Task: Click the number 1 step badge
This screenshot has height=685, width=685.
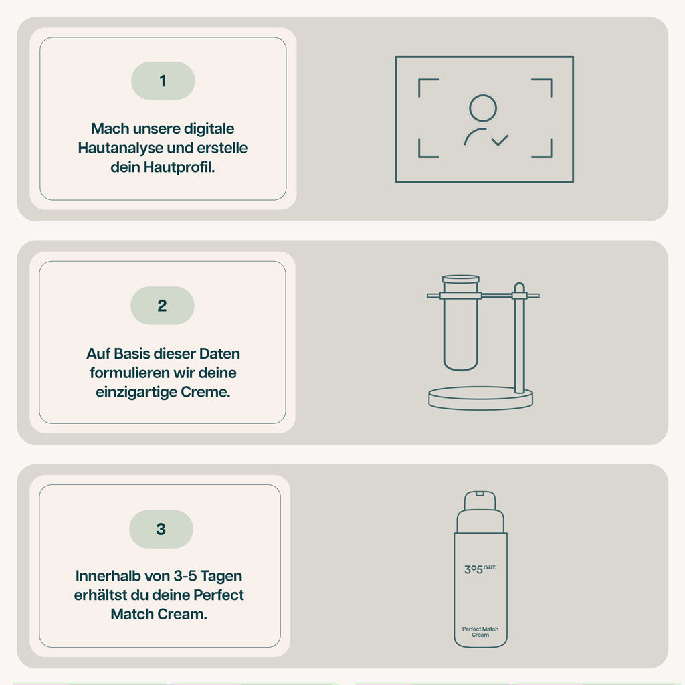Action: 163,81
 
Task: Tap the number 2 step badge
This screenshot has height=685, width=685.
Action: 163,305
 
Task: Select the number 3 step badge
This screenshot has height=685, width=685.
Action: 161,529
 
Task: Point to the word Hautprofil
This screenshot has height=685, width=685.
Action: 179,167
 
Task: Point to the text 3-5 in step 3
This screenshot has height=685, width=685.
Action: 185,576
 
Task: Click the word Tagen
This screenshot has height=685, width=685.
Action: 221,577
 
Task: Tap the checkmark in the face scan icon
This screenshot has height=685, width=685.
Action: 500,140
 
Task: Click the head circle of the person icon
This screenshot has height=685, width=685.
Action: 483,108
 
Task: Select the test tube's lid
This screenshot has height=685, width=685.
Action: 461,279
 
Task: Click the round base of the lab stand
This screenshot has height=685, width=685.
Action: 480,398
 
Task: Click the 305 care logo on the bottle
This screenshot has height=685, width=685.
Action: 480,569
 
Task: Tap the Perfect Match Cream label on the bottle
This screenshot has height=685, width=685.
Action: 480,631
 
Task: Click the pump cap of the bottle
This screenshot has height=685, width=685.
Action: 480,501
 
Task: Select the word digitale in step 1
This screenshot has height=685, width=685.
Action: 209,129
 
